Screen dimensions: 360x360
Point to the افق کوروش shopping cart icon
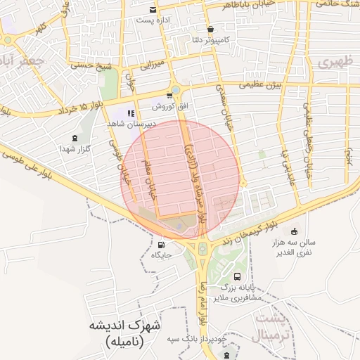coord(169,95)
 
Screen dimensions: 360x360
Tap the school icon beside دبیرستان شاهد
coord(130,112)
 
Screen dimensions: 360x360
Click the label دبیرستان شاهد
coord(130,123)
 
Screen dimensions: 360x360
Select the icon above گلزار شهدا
coord(75,138)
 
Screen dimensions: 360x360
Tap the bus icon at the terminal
coord(238,276)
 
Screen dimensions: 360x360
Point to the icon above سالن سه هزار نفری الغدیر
coord(294,231)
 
